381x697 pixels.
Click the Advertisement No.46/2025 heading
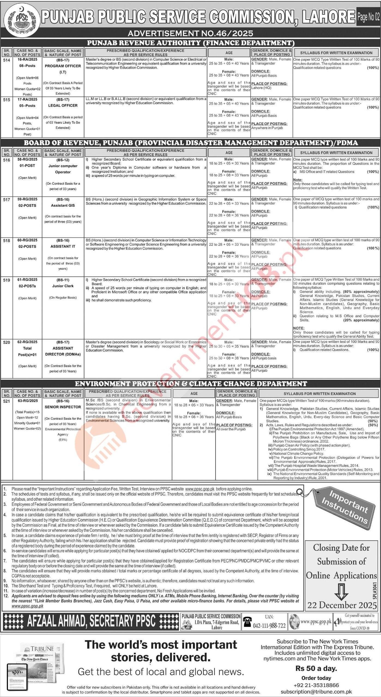coord(190,33)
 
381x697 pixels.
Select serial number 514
coord(7,60)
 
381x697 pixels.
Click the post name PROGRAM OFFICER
coord(63,66)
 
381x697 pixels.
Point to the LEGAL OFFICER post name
coord(63,105)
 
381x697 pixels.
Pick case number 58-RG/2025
coord(27,159)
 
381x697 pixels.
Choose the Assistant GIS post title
coord(63,206)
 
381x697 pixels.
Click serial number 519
coord(7,280)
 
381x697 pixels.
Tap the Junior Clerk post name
coord(63,286)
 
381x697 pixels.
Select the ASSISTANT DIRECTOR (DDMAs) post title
coord(63,351)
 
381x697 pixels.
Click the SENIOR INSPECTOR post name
coord(63,407)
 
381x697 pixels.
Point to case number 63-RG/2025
coord(27,401)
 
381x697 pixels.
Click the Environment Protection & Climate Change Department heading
coord(191,384)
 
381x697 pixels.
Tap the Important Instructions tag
coord(344,507)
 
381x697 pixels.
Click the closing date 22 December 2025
coord(342,605)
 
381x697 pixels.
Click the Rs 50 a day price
coord(316,668)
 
